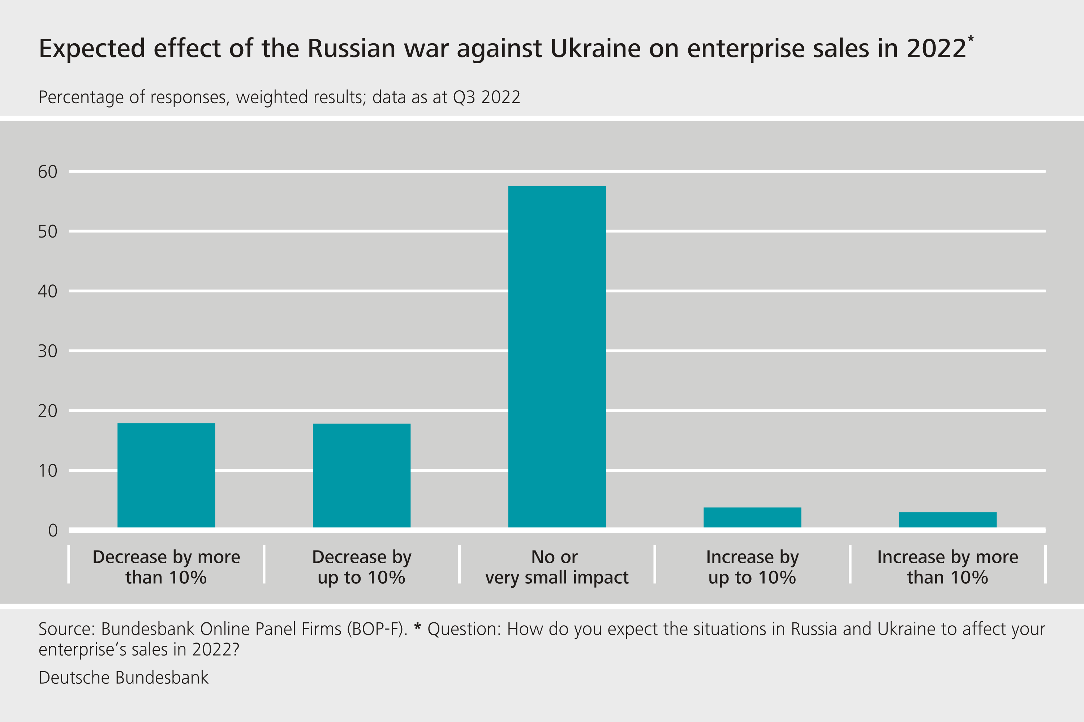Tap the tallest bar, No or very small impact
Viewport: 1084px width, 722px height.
pyautogui.click(x=557, y=357)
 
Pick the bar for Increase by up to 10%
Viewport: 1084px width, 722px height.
pyautogui.click(x=752, y=518)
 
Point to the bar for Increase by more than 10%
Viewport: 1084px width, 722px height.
pyautogui.click(x=947, y=520)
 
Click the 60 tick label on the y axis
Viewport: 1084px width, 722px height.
pyautogui.click(x=47, y=172)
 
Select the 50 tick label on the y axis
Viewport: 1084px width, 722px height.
pyautogui.click(x=47, y=232)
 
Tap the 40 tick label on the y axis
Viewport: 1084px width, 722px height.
pyautogui.click(x=47, y=291)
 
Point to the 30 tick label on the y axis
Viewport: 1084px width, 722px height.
pyautogui.click(x=47, y=351)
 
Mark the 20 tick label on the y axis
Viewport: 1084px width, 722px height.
pyautogui.click(x=47, y=411)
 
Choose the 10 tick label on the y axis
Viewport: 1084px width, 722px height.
pyautogui.click(x=47, y=471)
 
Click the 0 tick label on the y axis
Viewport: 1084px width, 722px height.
pyautogui.click(x=53, y=530)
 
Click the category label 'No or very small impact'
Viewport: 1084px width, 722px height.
pyautogui.click(x=557, y=567)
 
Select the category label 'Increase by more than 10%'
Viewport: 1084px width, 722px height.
pyautogui.click(x=947, y=567)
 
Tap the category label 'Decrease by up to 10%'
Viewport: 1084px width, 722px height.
pyautogui.click(x=361, y=567)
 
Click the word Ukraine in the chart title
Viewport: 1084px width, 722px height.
pyautogui.click(x=595, y=48)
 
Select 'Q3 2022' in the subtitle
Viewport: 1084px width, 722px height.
pyautogui.click(x=487, y=97)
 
